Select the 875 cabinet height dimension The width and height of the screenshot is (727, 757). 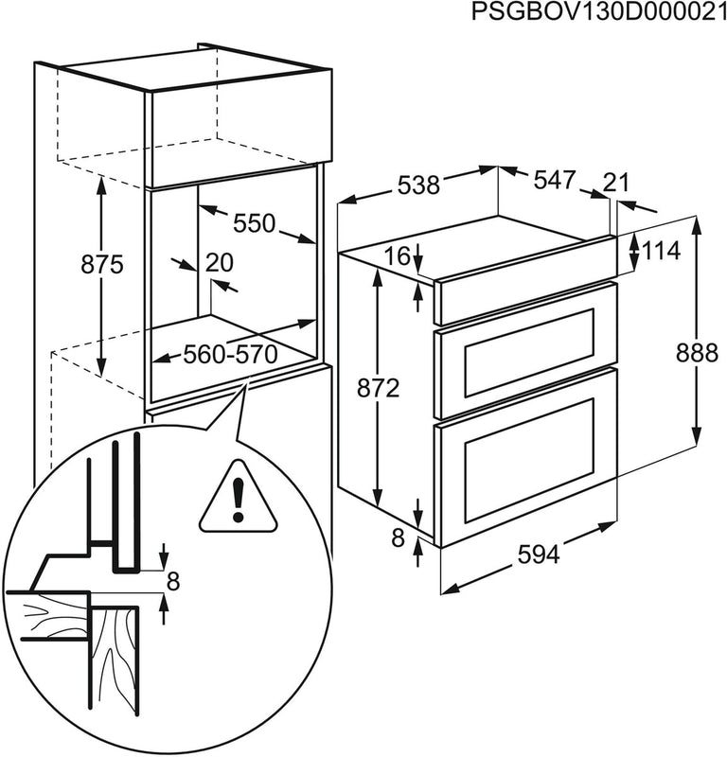pos(101,264)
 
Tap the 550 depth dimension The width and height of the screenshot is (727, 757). pos(254,223)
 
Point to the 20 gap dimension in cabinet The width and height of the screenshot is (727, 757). pos(219,263)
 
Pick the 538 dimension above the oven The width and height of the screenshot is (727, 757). pos(417,185)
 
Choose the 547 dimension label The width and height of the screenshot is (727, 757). pos(554,180)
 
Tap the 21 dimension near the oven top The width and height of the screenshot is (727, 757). pos(615,182)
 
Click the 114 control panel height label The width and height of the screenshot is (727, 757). pos(662,251)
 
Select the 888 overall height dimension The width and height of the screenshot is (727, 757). pos(697,352)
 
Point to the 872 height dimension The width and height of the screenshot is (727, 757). pos(378,387)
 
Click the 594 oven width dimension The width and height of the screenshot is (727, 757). pos(539,555)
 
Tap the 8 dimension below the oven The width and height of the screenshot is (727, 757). pos(398,538)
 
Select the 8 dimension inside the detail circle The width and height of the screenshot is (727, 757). pos(171,581)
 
